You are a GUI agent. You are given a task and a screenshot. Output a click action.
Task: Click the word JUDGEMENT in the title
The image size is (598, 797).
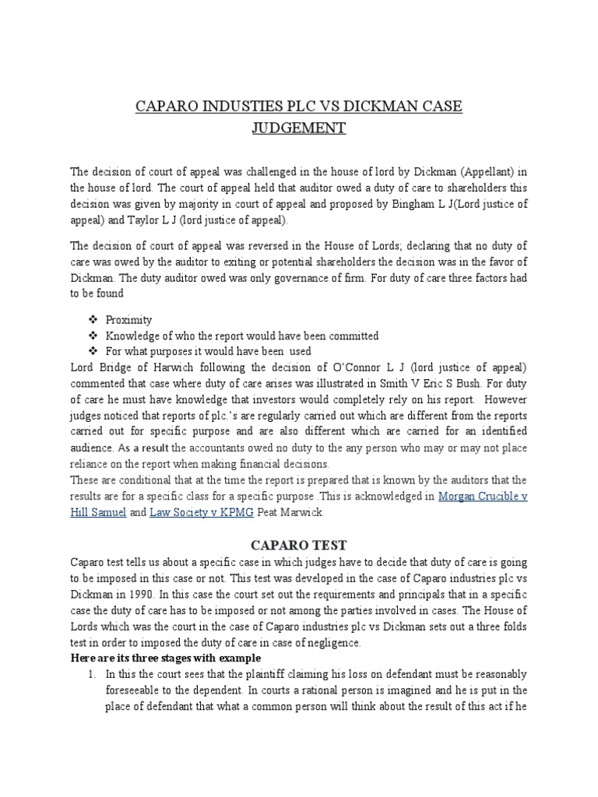[298, 128]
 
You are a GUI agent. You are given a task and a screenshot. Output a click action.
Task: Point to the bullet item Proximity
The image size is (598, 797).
[129, 320]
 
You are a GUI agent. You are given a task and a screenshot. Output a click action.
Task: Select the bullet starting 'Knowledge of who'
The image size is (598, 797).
[242, 335]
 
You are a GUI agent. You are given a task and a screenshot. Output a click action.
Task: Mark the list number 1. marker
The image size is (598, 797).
[92, 673]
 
